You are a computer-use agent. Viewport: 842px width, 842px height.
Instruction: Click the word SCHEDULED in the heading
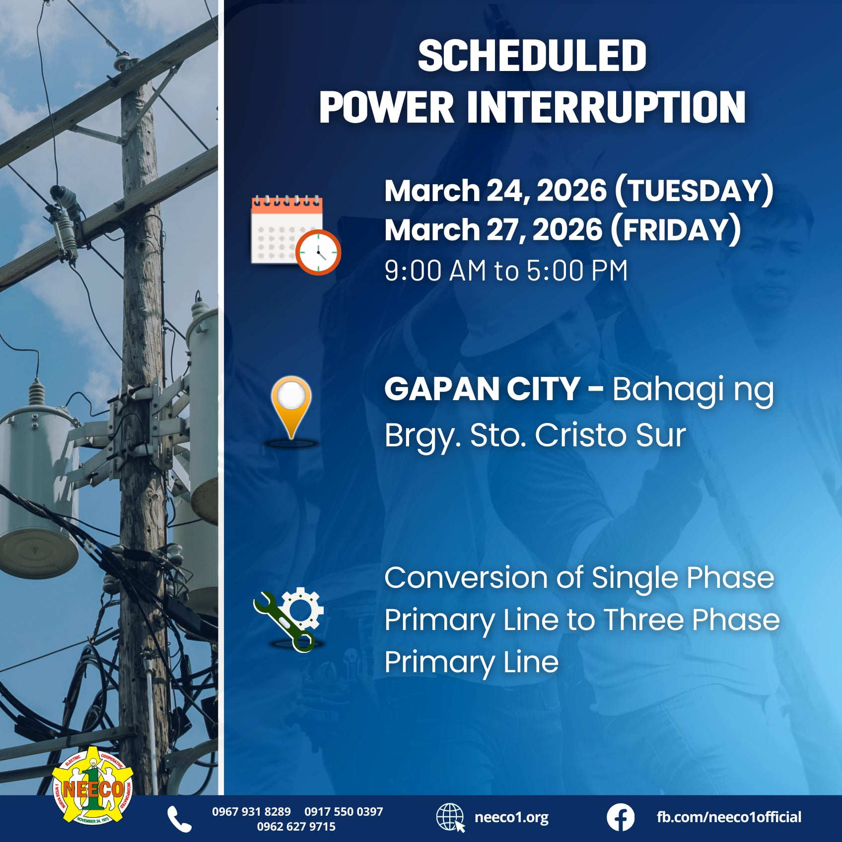pos(532,56)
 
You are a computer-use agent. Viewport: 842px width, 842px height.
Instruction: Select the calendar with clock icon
pos(295,234)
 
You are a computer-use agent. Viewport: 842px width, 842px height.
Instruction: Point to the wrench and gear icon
pos(289,619)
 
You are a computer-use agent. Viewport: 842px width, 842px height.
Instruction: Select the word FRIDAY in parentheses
pos(676,230)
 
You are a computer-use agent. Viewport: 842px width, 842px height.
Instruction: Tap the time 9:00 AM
pos(435,271)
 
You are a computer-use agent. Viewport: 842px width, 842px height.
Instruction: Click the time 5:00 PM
pos(577,271)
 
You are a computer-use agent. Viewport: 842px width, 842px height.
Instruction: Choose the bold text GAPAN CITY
pos(482,389)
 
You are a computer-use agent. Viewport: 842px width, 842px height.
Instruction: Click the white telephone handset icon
pos(179,819)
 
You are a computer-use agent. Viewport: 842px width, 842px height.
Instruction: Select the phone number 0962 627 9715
pos(296,827)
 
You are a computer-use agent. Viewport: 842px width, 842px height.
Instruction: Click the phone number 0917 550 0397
pos(344,812)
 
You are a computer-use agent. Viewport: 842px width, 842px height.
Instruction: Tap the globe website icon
pos(450,818)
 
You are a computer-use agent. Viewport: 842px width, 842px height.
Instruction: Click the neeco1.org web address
pos(511,817)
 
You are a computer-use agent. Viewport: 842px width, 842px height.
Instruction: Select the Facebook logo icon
pos(620,818)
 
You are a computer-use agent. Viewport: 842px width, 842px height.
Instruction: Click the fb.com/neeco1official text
pos(729,817)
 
